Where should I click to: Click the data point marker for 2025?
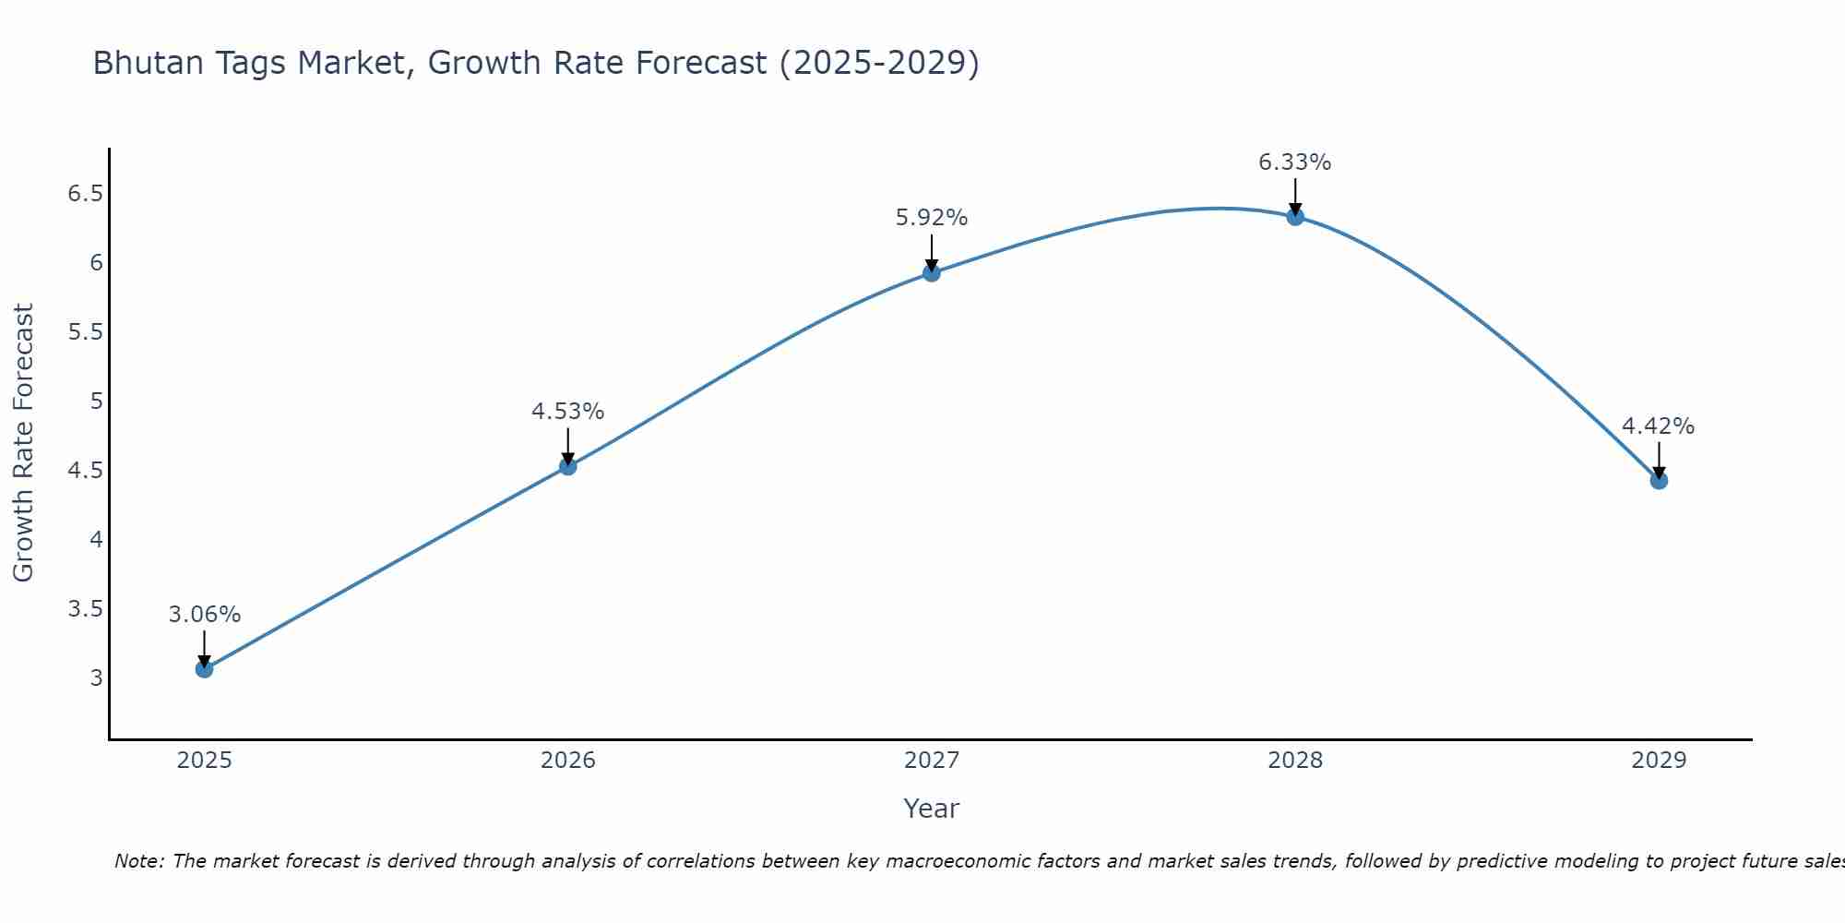pos(204,669)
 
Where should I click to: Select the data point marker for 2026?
pos(568,466)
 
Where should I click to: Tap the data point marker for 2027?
pos(932,273)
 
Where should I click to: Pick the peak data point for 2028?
pos(1295,217)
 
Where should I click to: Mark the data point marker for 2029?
pos(1659,481)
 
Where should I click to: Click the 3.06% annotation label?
pos(205,615)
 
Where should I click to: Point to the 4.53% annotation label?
pos(568,412)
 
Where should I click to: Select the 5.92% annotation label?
pos(932,218)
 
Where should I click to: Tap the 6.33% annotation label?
pos(1295,162)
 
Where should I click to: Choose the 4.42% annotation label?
pos(1659,426)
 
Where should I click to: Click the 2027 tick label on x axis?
pos(932,761)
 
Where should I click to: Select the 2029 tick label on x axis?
pos(1659,761)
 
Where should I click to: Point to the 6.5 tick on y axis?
pos(86,194)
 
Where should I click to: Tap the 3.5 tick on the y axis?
pos(86,609)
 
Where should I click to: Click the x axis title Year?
pos(932,809)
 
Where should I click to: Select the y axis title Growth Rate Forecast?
pos(23,443)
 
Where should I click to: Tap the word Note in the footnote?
pos(137,861)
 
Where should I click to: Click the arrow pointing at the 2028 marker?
pos(1295,197)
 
